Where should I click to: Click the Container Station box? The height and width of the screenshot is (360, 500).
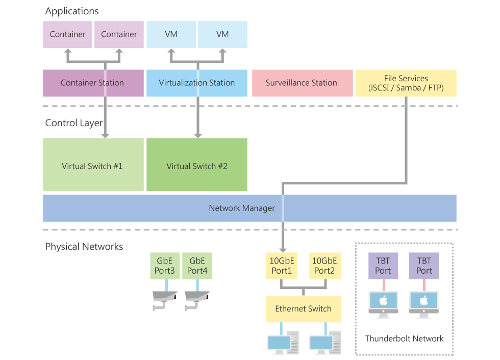click(x=93, y=83)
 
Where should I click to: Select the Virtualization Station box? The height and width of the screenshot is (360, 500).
click(x=196, y=83)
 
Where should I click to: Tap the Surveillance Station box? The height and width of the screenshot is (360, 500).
click(x=302, y=83)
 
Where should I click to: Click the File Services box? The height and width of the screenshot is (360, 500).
click(x=406, y=83)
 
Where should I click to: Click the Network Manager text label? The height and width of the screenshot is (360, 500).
click(x=242, y=208)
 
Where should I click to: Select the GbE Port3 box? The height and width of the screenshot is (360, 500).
click(x=165, y=266)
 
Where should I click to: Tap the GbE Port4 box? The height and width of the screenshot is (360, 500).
click(x=197, y=266)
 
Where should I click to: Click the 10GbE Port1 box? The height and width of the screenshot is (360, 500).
click(x=281, y=266)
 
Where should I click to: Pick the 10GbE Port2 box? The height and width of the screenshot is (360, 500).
click(x=324, y=266)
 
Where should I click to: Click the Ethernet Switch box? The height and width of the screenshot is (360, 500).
click(x=303, y=309)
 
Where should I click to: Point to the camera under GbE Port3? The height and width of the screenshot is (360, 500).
click(x=164, y=299)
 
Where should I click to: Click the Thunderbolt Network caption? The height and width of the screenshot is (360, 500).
click(x=404, y=339)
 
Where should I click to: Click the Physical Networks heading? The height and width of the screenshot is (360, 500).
click(x=84, y=247)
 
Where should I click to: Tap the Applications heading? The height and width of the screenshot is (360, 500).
click(x=72, y=11)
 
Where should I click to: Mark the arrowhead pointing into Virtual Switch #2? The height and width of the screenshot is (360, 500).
click(x=198, y=135)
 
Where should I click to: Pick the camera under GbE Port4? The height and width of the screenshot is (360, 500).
click(x=197, y=299)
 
